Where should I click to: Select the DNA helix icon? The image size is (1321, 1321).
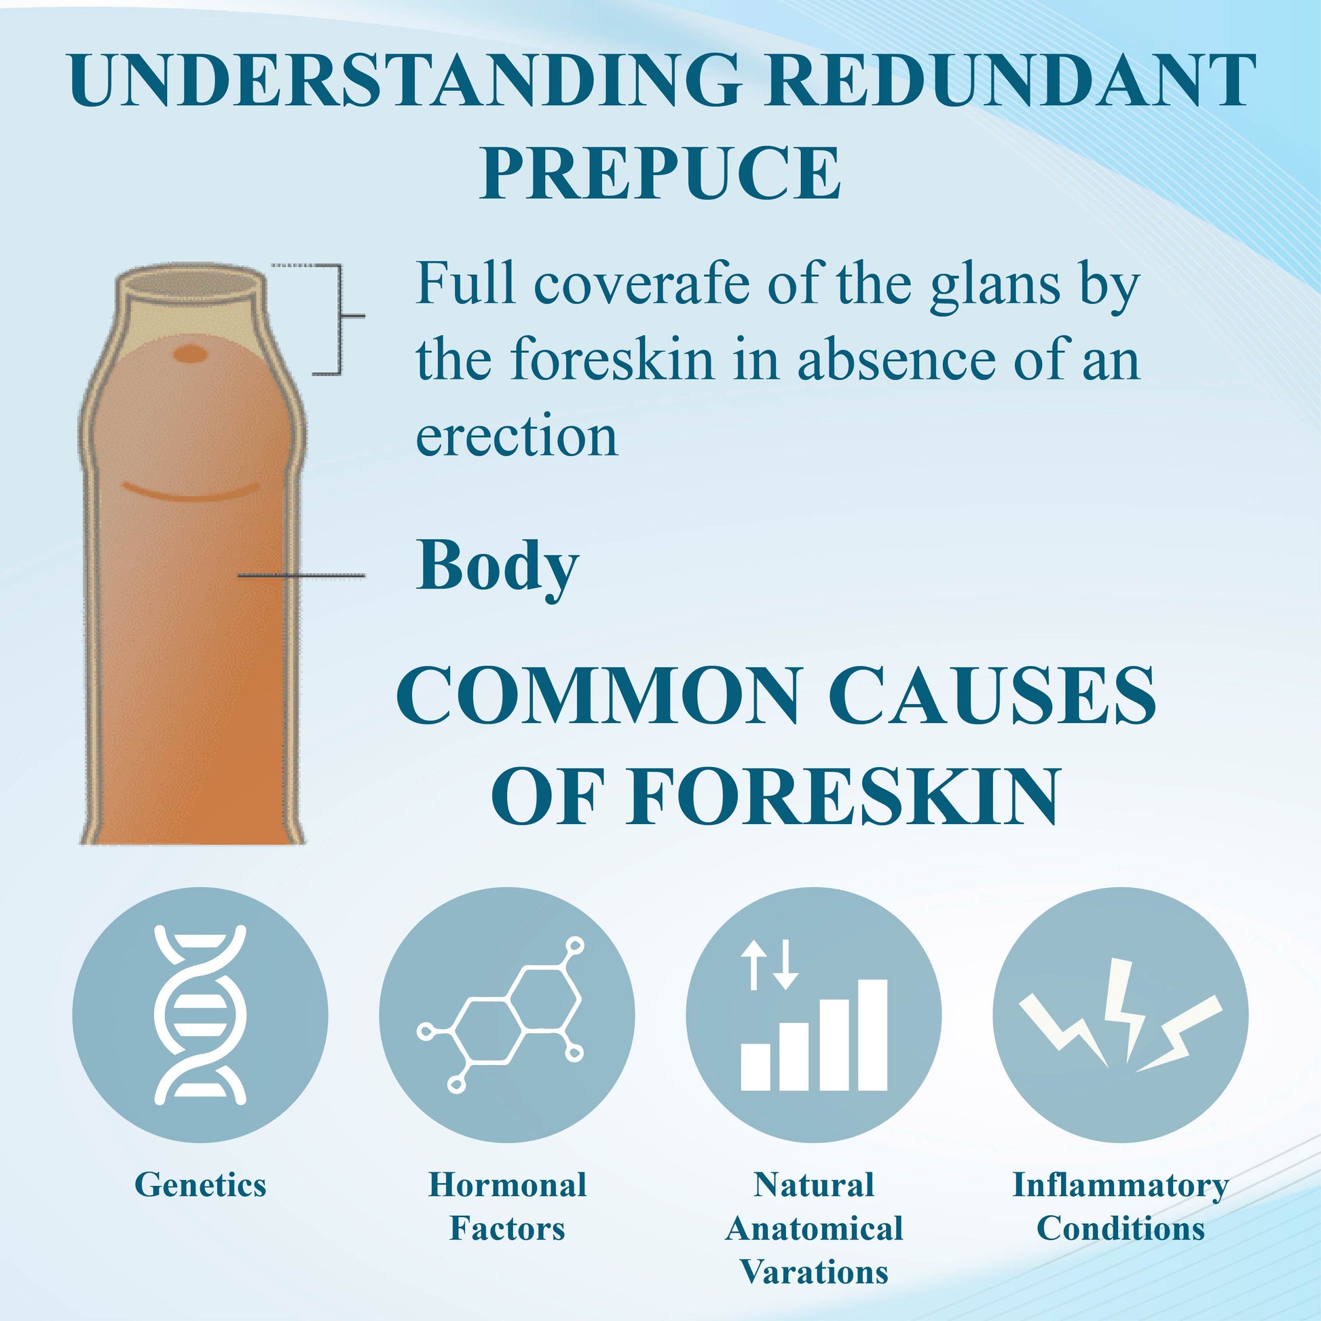click(x=200, y=1015)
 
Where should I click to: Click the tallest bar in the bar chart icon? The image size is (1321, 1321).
click(x=872, y=1035)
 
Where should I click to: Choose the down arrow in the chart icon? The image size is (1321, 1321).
click(x=785, y=965)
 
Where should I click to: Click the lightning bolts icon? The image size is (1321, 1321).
click(x=1120, y=1016)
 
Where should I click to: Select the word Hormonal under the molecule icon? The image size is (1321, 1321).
click(x=507, y=1185)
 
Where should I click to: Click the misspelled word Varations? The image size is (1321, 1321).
click(x=814, y=1271)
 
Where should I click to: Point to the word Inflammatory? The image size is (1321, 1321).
click(x=1121, y=1187)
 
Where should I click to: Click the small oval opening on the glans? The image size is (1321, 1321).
click(x=191, y=354)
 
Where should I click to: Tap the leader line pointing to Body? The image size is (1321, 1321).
click(x=301, y=576)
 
